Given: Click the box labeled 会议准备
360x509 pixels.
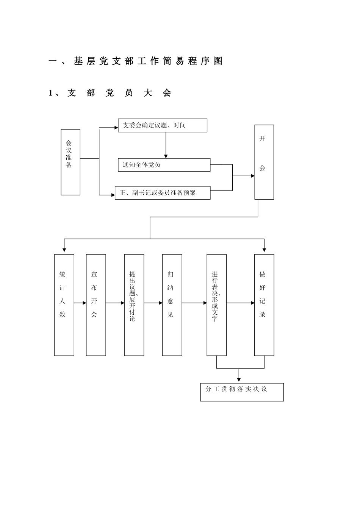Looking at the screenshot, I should (70, 162).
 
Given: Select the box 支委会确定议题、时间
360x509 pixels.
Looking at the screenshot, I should (163, 125).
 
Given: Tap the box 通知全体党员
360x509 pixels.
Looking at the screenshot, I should (164, 165).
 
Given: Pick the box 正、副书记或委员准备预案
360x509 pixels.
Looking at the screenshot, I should (163, 193).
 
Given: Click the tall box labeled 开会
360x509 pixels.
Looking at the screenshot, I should (264, 162).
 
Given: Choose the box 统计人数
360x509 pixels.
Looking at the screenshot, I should (64, 305).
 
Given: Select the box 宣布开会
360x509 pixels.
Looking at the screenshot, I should (96, 305).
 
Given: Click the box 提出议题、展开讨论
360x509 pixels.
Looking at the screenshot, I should (134, 305).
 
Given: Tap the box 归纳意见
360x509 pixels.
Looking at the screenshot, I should (172, 305).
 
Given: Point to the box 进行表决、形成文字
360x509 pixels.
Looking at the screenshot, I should (217, 305).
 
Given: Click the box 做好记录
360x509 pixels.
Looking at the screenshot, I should (264, 305).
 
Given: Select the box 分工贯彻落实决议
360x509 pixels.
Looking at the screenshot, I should (242, 392).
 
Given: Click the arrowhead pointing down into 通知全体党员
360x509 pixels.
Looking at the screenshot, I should (166, 156).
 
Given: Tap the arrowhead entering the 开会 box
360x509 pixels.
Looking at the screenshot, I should (252, 176).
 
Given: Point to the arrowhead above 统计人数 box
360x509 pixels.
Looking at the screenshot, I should (64, 250).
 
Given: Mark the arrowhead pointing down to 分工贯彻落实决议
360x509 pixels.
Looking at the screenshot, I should (239, 380).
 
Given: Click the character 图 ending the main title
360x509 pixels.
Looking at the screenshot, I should (218, 61).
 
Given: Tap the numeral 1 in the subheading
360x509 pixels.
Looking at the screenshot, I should (50, 93).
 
